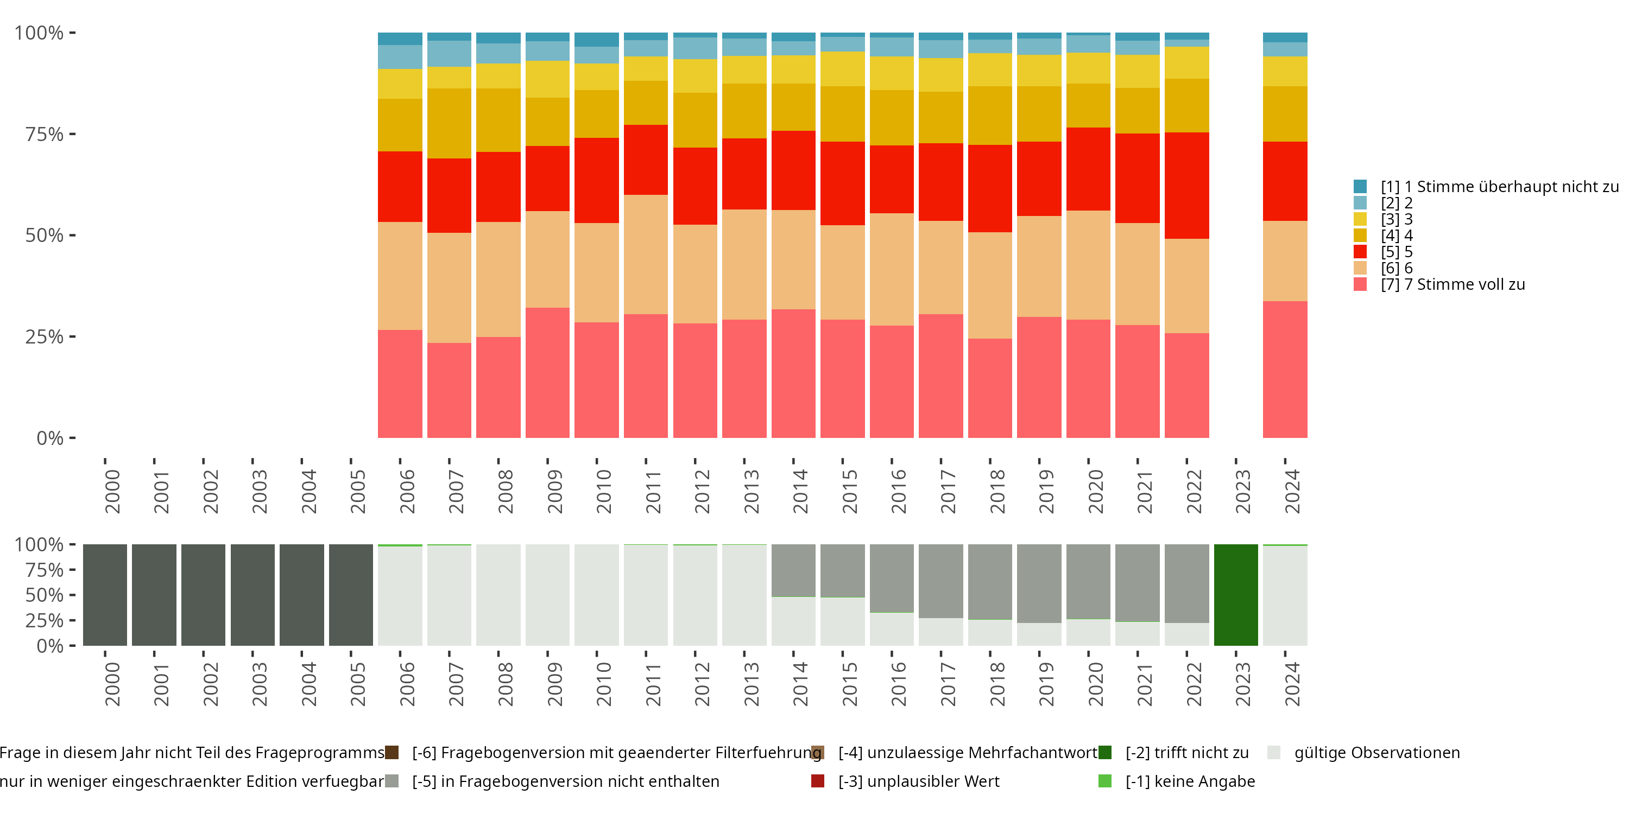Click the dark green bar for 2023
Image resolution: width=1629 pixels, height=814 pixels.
[1236, 595]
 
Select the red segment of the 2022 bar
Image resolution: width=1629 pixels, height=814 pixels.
[1186, 185]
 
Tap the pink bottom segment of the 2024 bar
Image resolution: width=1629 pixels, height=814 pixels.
[1284, 369]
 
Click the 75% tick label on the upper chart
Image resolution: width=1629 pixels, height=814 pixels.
[45, 134]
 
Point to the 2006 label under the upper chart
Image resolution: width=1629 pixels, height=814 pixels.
[407, 491]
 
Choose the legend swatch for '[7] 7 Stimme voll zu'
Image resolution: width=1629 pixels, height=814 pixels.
[1360, 284]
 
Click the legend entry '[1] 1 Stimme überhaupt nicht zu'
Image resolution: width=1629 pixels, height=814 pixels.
[1498, 187]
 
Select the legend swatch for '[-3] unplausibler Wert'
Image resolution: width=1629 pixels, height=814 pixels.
[818, 781]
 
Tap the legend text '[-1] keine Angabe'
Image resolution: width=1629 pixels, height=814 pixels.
[1190, 781]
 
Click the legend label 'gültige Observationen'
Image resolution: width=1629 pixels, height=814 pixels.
[1377, 753]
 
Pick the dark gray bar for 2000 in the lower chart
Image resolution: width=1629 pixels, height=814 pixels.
[105, 595]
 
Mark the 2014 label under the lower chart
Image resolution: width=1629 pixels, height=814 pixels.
[800, 684]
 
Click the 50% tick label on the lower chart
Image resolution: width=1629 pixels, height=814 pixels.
[45, 595]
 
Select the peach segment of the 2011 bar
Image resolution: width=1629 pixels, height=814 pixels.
[646, 254]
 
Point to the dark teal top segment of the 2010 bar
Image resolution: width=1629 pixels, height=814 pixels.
[596, 39]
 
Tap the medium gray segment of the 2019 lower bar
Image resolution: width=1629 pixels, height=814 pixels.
[1039, 583]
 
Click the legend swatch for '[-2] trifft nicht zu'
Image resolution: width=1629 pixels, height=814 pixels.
[1105, 753]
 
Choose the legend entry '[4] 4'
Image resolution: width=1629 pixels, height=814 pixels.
[1396, 236]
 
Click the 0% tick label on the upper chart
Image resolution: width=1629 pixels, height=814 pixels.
[50, 438]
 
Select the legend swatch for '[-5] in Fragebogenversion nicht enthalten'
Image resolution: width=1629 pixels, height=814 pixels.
[392, 781]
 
